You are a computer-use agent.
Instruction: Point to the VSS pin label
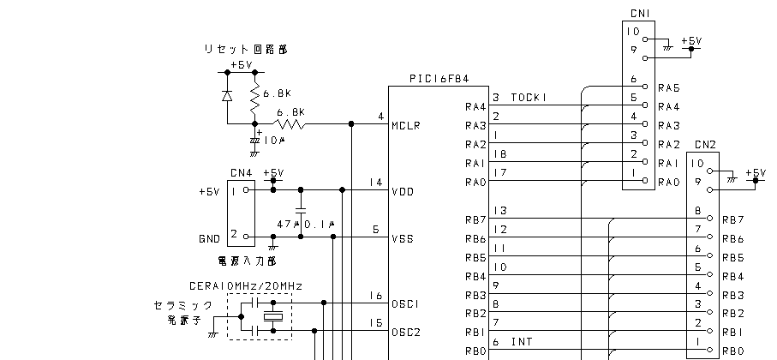pos(402,239)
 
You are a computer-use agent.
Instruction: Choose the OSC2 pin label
pos(404,333)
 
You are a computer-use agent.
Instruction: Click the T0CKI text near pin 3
pos(529,97)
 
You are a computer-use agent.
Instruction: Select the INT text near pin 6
pos(523,342)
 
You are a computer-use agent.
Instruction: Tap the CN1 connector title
pos(639,13)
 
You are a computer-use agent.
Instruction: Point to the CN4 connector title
pos(241,173)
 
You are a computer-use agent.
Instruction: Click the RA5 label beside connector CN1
pos(668,88)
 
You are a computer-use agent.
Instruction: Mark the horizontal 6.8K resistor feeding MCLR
pos(291,125)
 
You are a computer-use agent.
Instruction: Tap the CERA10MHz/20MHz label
pos(245,285)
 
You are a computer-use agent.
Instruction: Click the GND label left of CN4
pos(209,238)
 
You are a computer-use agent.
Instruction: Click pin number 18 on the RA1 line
pos(501,153)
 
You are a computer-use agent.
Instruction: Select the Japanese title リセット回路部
pos(245,50)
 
